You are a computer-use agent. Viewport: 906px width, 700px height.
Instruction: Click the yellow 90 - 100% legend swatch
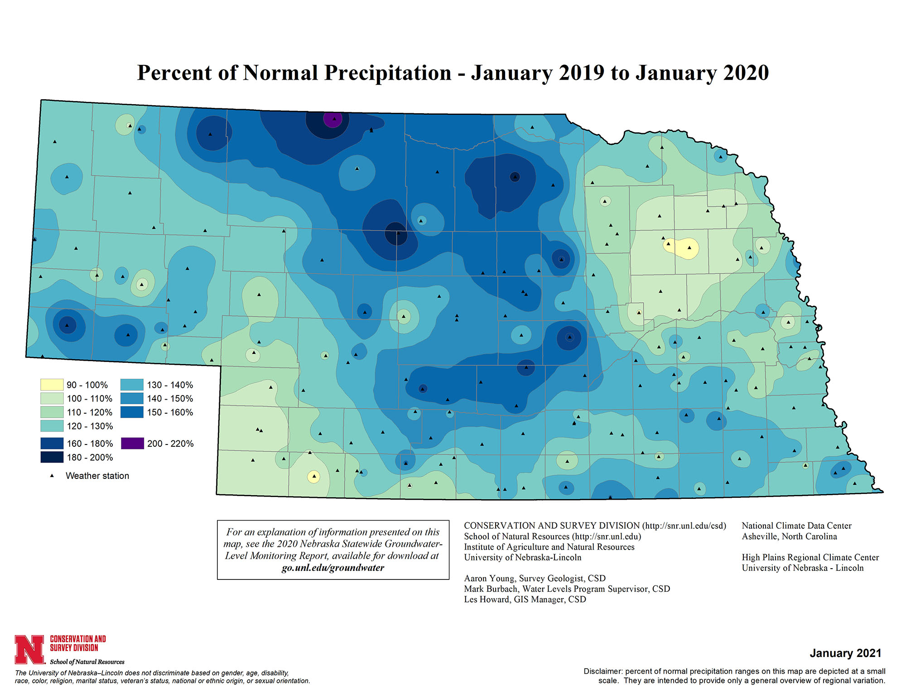coord(52,385)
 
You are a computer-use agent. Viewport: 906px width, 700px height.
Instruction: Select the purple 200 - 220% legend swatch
coord(132,443)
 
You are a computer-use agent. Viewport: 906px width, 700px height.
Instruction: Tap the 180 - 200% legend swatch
coord(52,457)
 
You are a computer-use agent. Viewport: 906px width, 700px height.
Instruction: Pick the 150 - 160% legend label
coord(170,412)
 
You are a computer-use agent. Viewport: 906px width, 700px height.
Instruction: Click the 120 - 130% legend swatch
coord(52,426)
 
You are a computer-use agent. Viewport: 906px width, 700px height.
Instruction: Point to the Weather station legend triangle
coord(52,476)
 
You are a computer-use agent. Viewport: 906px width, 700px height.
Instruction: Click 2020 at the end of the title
coord(746,73)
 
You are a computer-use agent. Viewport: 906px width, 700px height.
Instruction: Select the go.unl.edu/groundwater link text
coord(333,568)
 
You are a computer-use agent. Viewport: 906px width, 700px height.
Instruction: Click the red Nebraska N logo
coord(29,649)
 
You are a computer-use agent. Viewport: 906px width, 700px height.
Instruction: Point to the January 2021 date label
coord(845,653)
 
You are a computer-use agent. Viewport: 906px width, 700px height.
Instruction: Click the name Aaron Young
coord(489,578)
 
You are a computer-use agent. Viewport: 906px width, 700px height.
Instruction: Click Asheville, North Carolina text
coord(789,536)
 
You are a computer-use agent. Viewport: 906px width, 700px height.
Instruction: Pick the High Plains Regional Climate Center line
coord(810,557)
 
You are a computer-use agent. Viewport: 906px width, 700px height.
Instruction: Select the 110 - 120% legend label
coord(89,412)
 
